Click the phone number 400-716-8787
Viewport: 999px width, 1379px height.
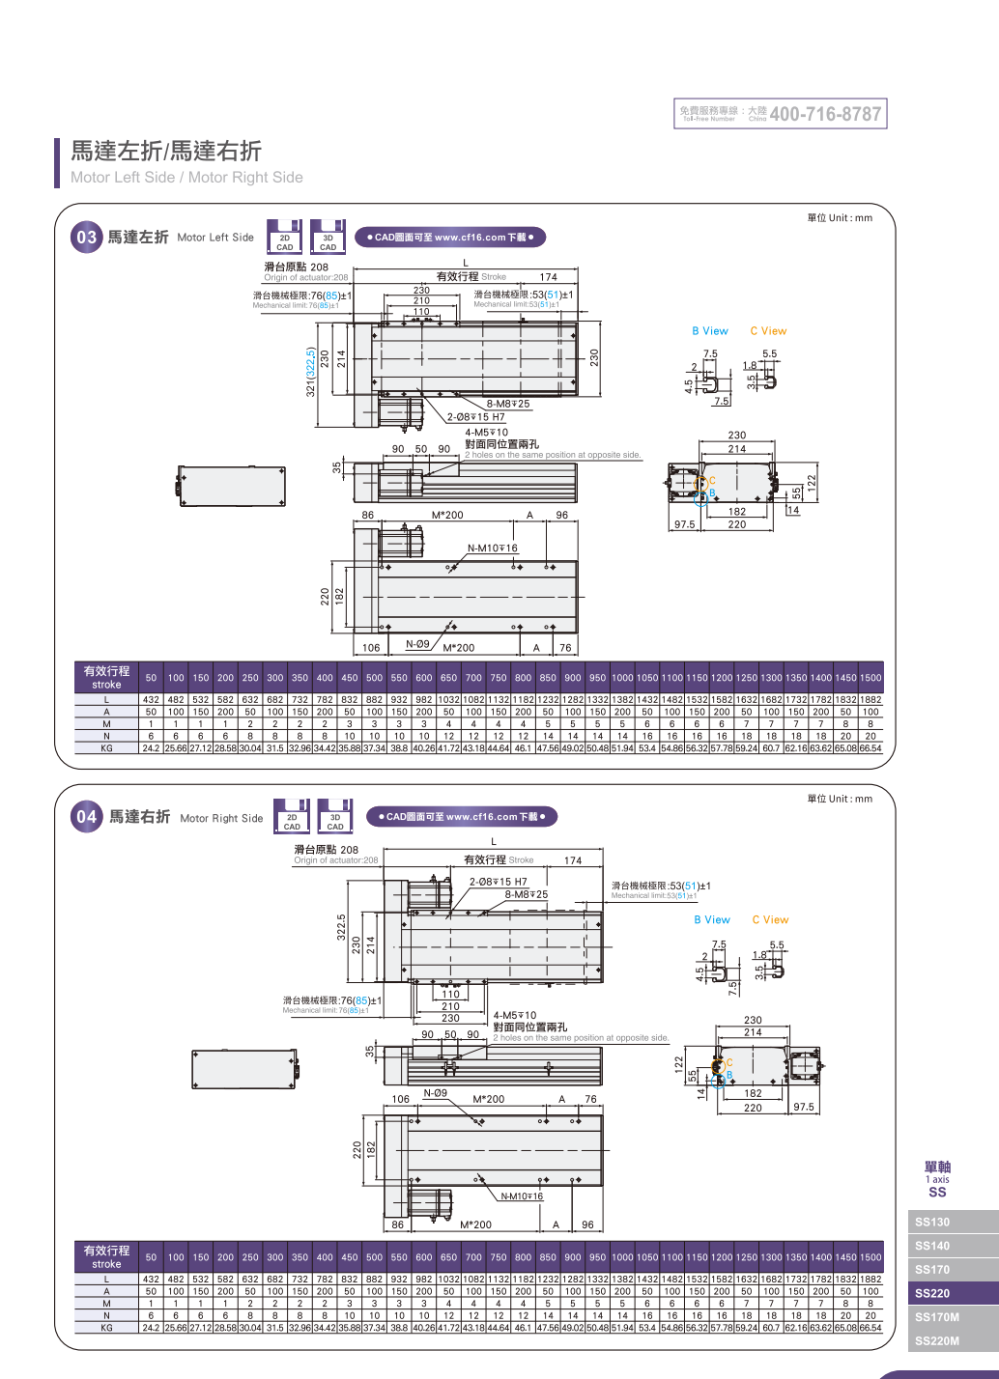[825, 114]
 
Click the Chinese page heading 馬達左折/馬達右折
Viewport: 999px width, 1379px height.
[165, 151]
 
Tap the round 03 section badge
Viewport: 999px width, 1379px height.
[87, 238]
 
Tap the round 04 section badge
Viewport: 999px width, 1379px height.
[87, 817]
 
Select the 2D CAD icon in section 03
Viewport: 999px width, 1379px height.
[285, 238]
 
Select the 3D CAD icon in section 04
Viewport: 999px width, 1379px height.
[335, 817]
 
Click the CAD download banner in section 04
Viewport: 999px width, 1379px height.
[462, 817]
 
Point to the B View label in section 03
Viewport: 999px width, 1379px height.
[710, 331]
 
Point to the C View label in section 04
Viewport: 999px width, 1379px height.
[770, 920]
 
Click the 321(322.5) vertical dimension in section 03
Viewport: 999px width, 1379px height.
[310, 373]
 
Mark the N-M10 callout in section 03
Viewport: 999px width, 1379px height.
[493, 549]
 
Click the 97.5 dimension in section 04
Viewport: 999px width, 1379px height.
[804, 1108]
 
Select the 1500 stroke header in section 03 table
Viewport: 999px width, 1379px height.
[871, 678]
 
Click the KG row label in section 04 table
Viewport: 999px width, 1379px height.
[106, 1328]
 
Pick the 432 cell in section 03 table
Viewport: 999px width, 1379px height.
[151, 699]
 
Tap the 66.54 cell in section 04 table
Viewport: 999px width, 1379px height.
[871, 1328]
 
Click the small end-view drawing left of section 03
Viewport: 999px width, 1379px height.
[232, 486]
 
